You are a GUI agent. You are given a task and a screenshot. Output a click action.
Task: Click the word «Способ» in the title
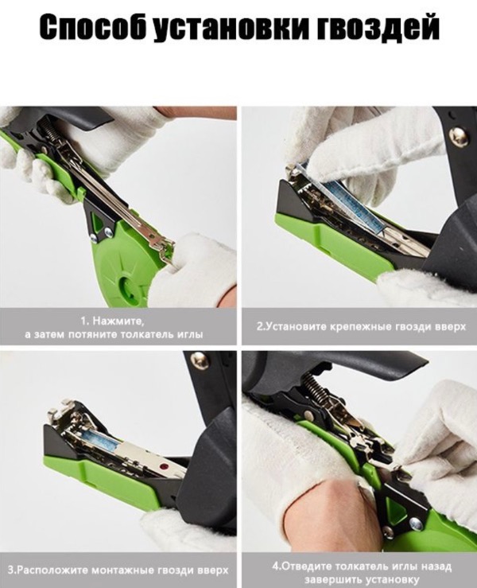click(x=93, y=27)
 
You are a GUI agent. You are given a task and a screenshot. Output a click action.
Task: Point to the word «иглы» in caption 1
click(x=189, y=334)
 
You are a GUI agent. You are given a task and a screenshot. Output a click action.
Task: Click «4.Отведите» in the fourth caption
click(x=301, y=566)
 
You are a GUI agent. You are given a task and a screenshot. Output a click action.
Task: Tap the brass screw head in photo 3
click(x=197, y=360)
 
